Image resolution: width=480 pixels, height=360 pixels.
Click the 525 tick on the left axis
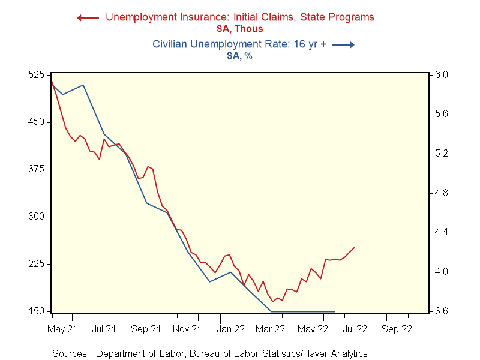coord(37,75)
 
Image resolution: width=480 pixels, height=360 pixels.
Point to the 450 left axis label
coord(37,122)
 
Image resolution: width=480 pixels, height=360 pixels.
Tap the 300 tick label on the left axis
coord(37,217)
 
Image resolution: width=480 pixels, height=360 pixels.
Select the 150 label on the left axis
coord(37,311)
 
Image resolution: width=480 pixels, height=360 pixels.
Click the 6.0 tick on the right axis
coord(441,75)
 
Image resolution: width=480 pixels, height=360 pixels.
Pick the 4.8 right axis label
coord(441,193)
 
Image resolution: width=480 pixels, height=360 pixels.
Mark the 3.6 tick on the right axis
coord(441,311)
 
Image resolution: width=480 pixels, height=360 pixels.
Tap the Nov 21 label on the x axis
coord(187,329)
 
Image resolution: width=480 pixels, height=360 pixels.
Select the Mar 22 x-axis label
coord(271,329)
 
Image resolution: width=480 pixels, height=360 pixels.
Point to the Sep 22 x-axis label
coord(397,329)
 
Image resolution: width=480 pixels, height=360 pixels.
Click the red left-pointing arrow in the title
coord(88,17)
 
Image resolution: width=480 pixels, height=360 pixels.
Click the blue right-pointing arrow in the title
coord(344,44)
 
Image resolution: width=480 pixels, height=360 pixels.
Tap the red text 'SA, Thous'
coord(240,29)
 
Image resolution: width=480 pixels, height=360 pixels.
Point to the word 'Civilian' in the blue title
coord(171,44)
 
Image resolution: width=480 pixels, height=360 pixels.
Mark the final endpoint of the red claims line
coord(355,247)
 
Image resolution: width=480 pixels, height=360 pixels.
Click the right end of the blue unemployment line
coord(334,311)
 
